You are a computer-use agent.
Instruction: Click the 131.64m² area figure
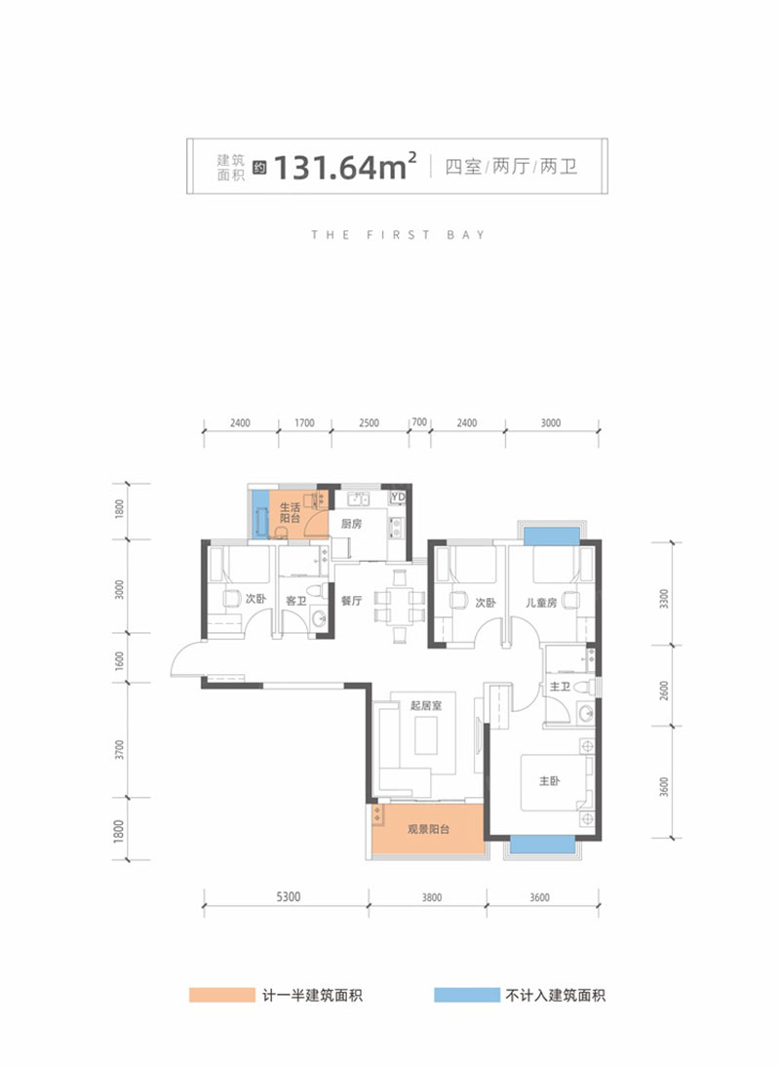coord(345,166)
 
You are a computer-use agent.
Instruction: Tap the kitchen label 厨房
coord(352,524)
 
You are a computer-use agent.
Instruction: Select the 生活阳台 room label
coord(290,513)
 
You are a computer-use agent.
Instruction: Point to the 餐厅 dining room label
coord(352,601)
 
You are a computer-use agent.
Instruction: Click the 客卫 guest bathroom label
coord(295,601)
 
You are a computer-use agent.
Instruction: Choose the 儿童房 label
coord(541,602)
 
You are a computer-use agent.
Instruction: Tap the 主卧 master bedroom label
coord(550,780)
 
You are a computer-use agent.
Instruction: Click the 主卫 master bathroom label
coord(560,687)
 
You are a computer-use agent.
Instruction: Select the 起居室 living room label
coord(426,706)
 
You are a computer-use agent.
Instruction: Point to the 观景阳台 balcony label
coord(428,830)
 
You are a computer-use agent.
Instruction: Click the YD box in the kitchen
coord(398,496)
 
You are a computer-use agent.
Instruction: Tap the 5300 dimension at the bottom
coord(289,897)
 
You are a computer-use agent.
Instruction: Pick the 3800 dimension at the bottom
coord(432,897)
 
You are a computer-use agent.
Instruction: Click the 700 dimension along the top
coord(419,422)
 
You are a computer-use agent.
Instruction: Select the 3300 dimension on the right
coord(664,598)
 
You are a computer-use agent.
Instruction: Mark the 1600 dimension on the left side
coord(120,660)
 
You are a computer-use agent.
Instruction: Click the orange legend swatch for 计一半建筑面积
coord(221,995)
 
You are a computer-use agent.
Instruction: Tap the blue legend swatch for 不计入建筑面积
coord(466,995)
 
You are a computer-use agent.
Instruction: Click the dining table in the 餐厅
coord(400,607)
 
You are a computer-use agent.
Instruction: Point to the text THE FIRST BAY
coord(398,235)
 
